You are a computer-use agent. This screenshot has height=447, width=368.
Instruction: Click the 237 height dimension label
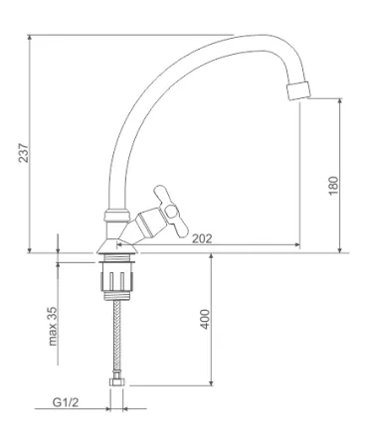pyautogui.click(x=23, y=153)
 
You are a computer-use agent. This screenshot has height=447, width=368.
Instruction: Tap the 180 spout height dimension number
pyautogui.click(x=333, y=186)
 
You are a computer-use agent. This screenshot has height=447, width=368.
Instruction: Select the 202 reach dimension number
pyautogui.click(x=202, y=238)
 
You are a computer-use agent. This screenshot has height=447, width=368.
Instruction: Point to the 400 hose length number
pyautogui.click(x=206, y=319)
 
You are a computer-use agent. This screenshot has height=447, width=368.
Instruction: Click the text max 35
pyautogui.click(x=53, y=327)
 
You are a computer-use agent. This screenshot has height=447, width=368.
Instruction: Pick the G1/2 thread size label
pyautogui.click(x=66, y=402)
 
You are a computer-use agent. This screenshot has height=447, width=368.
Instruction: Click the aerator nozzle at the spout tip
pyautogui.click(x=298, y=89)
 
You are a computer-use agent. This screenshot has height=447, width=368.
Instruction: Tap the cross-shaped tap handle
pyautogui.click(x=171, y=212)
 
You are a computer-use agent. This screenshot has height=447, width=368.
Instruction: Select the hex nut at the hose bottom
pyautogui.click(x=116, y=382)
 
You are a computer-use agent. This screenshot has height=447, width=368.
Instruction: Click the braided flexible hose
pyautogui.click(x=117, y=338)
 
